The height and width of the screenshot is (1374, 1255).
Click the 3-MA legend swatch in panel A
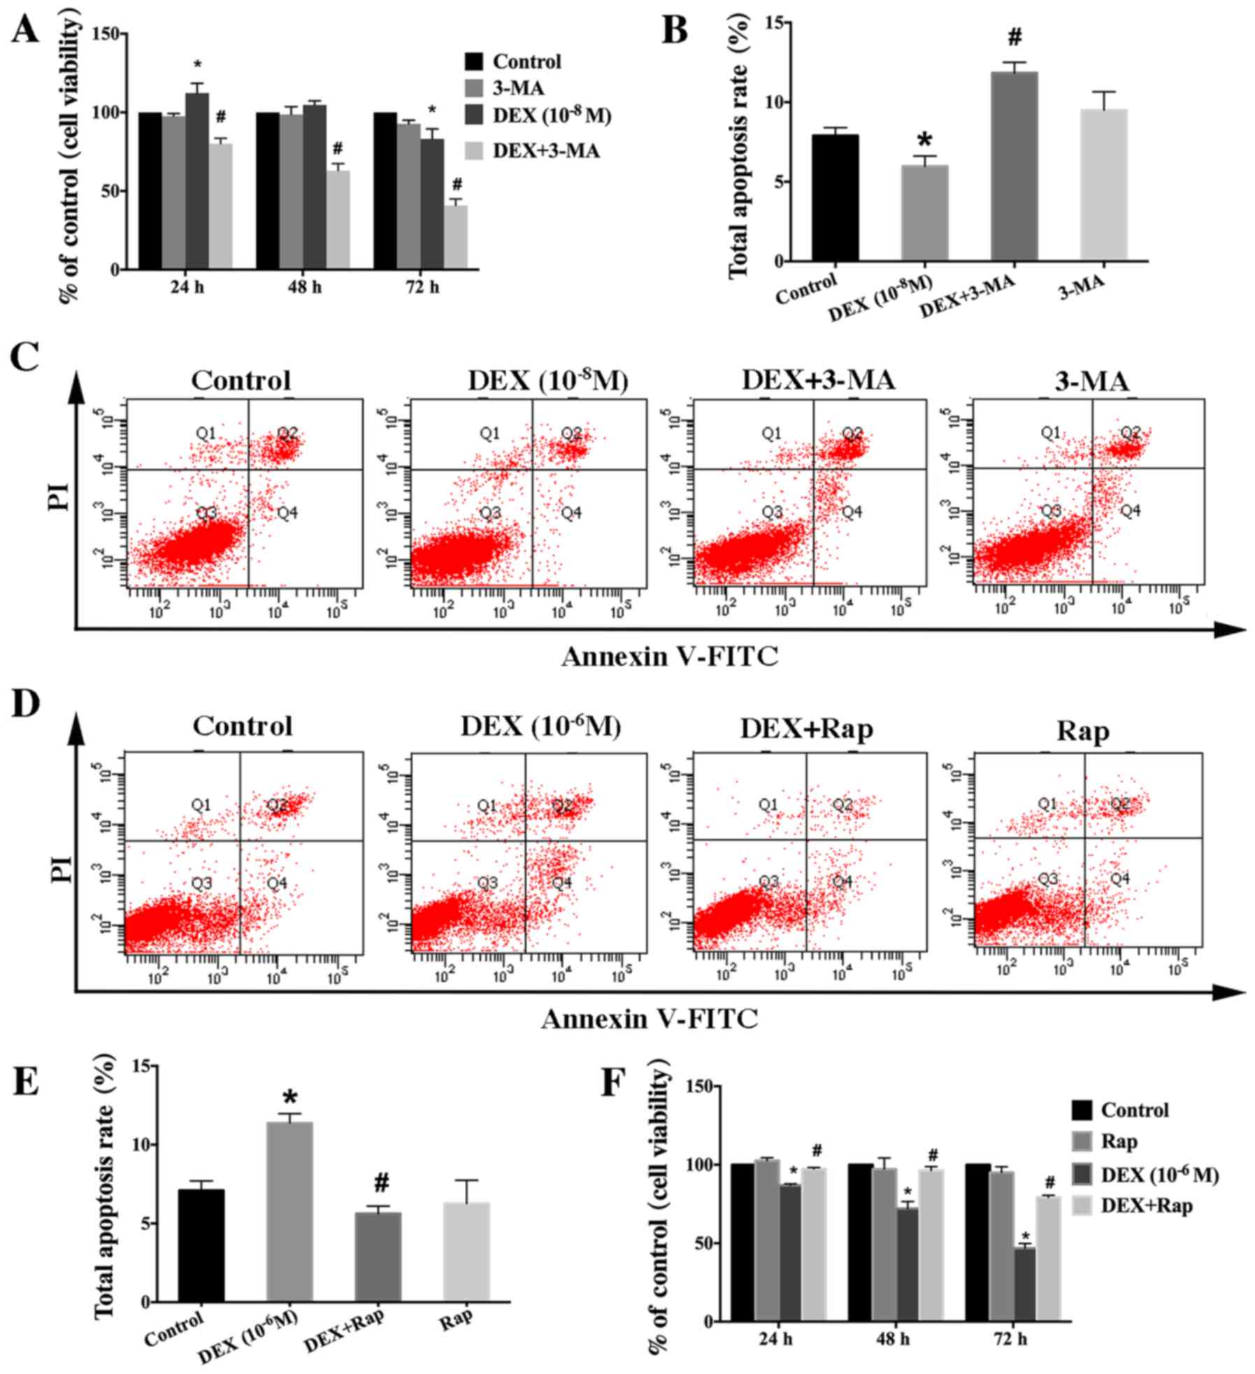point(475,88)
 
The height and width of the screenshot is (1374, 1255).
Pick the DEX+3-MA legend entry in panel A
point(546,150)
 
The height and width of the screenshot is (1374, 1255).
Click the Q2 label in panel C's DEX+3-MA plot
point(852,434)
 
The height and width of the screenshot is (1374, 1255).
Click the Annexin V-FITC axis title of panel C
point(669,656)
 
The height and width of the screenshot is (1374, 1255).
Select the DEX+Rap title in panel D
point(807,729)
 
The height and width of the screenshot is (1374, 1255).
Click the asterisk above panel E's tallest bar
point(290,1096)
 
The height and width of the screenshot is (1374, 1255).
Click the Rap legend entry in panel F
point(1119,1142)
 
